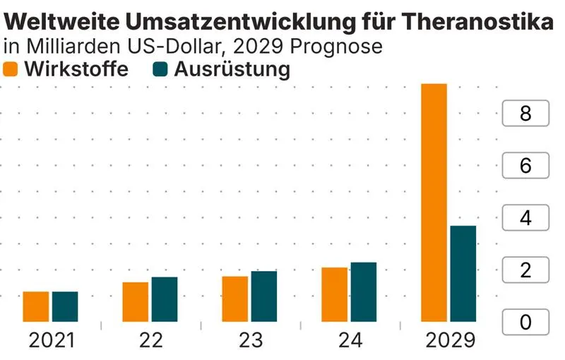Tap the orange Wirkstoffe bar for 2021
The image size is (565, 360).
[x=36, y=306]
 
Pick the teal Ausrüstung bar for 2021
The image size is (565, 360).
[x=65, y=306]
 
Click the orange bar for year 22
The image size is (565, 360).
[x=136, y=301]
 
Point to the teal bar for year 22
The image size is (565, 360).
[x=165, y=299]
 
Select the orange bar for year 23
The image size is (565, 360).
[x=235, y=299]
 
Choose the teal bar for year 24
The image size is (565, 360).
[x=364, y=292]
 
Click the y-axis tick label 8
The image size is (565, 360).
[x=525, y=114]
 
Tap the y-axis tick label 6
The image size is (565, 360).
[x=525, y=166]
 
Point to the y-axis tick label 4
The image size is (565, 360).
[x=525, y=218]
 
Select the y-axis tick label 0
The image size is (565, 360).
[x=525, y=323]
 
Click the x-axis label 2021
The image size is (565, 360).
[x=51, y=340]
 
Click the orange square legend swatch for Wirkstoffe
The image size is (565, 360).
[x=11, y=69]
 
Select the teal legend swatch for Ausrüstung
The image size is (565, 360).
[x=161, y=69]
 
